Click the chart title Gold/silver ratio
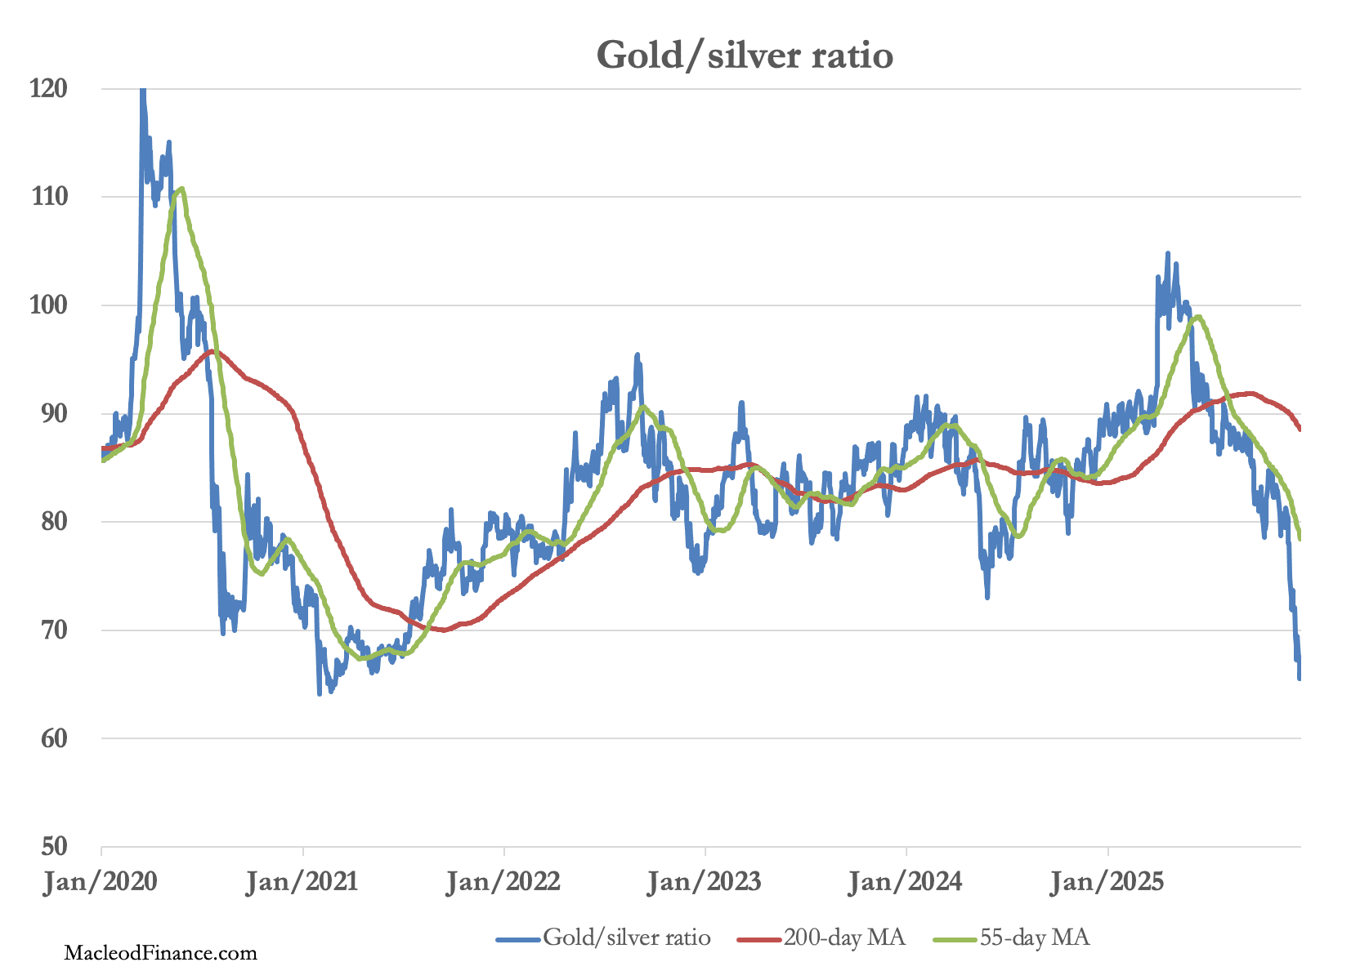pyautogui.click(x=745, y=56)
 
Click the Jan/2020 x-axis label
pyautogui.click(x=101, y=882)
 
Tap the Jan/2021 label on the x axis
pyautogui.click(x=302, y=882)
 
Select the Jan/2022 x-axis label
pyautogui.click(x=503, y=882)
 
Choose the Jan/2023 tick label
pyautogui.click(x=705, y=882)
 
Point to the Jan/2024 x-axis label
pyautogui.click(x=906, y=882)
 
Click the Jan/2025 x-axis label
pyautogui.click(x=1107, y=882)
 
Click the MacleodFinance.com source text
pyautogui.click(x=160, y=952)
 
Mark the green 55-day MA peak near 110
pyautogui.click(x=181, y=189)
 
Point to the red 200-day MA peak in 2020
pyautogui.click(x=212, y=351)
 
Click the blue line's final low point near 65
pyautogui.click(x=1299, y=678)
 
